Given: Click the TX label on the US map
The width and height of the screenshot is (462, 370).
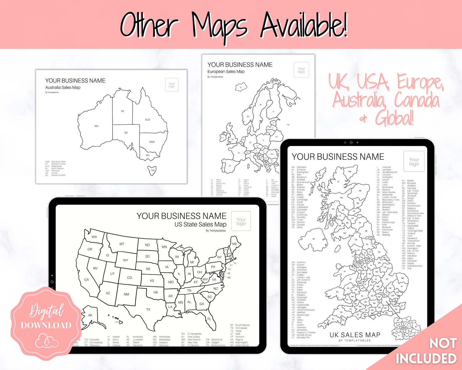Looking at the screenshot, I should point(148,309).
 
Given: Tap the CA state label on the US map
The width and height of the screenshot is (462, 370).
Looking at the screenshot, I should point(86,280).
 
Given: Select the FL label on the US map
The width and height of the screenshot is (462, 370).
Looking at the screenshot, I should point(209,319).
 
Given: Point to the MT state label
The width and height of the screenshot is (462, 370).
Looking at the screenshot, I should point(122,244).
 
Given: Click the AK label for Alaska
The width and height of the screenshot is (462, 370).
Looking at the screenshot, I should point(90,315).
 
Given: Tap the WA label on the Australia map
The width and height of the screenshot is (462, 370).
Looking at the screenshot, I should point(96,126).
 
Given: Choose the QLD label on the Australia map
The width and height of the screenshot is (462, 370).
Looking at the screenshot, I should point(148,120).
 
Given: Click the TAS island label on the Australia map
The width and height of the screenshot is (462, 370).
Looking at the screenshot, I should point(152,170).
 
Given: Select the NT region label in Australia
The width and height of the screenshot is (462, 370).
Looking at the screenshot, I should point(122,111).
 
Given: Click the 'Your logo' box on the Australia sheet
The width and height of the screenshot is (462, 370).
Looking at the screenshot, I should point(172,85).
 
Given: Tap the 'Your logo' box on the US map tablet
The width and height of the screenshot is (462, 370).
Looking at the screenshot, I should point(241,221).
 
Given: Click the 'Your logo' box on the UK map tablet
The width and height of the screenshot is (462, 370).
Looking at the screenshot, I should point(414,161).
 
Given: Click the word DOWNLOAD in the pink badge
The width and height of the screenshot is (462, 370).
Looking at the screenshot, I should point(46,325).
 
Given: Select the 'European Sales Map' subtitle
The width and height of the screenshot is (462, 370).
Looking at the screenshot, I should point(226,71).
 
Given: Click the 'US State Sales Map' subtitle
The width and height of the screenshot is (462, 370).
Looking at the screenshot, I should point(200,224).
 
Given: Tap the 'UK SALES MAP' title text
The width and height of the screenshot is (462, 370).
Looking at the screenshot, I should point(355,335).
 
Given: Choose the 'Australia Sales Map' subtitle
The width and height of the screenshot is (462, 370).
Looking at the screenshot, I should point(63,87).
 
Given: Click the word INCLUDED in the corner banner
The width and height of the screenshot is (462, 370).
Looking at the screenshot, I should point(426,359).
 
